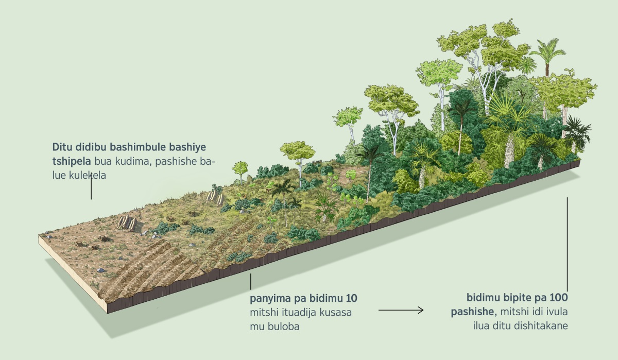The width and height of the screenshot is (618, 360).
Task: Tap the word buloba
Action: pyautogui.click(x=286, y=326)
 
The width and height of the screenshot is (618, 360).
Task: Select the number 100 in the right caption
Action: pyautogui.click(x=558, y=298)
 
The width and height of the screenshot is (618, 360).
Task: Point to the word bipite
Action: pyautogui.click(x=519, y=298)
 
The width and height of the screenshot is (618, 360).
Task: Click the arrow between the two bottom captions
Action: pyautogui.click(x=401, y=310)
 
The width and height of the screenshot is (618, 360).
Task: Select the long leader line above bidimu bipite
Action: pyautogui.click(x=567, y=242)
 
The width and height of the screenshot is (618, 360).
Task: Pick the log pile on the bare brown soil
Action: pyautogui.click(x=126, y=222)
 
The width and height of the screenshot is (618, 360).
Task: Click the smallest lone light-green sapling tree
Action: pyautogui.click(x=240, y=167)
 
